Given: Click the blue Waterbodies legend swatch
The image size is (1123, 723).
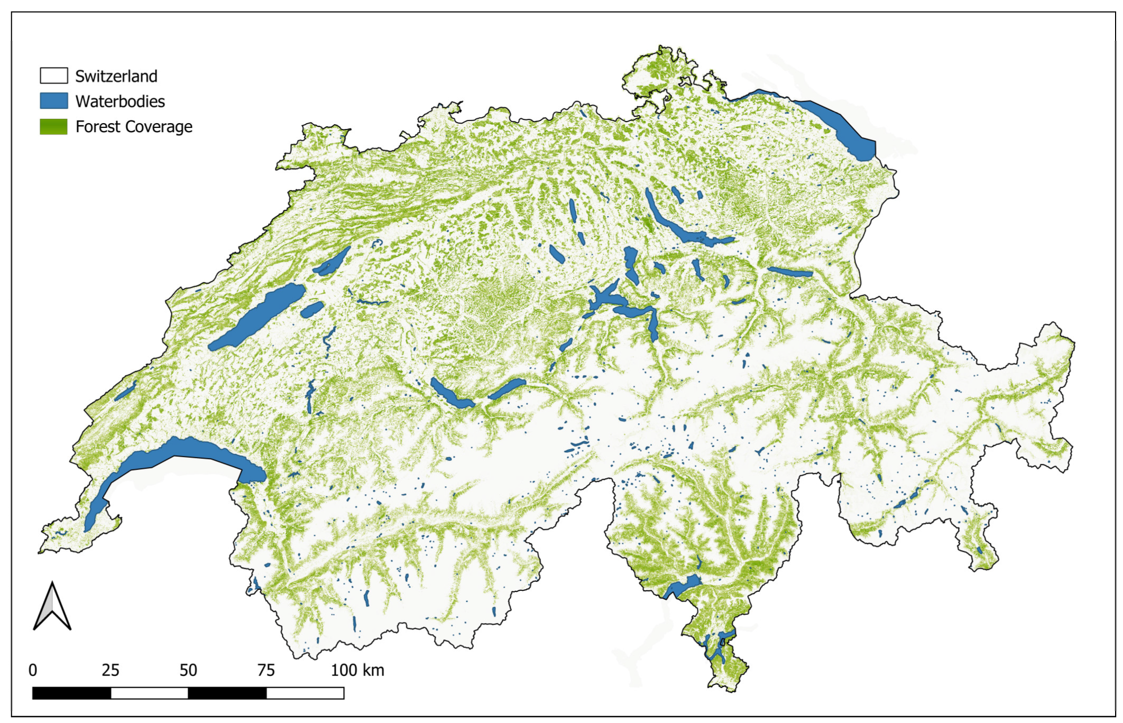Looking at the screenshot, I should click(53, 101).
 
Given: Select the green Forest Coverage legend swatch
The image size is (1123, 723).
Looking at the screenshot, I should click(53, 126).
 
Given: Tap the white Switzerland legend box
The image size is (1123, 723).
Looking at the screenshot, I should click(53, 76).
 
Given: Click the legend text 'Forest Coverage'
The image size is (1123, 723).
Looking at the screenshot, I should click(133, 126).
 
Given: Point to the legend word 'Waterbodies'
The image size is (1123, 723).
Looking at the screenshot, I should click(120, 101).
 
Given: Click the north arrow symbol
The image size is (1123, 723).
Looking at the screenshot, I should click(52, 607).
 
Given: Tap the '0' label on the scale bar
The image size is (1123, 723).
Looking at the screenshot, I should click(33, 670).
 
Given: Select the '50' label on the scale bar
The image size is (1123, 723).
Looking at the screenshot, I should click(188, 670).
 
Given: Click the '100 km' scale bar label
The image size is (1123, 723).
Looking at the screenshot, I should click(357, 670).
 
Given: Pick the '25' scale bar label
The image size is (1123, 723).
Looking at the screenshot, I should click(111, 670).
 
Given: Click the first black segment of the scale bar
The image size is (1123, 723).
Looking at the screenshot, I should click(71, 693).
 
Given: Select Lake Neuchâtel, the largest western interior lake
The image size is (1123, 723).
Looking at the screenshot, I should click(256, 317).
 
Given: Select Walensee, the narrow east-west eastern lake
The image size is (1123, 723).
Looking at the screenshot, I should click(790, 272).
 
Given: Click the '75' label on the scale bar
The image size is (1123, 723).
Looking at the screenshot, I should click(266, 670).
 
